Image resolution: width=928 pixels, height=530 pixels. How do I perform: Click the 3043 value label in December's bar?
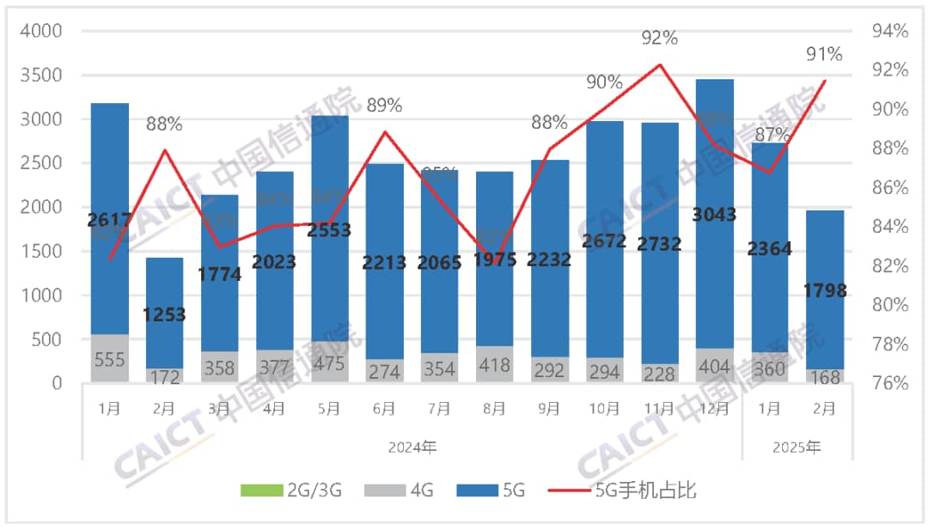[x=714, y=215]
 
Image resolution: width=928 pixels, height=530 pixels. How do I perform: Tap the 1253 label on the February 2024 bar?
[x=164, y=314]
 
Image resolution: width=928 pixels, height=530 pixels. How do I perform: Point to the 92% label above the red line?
[x=660, y=38]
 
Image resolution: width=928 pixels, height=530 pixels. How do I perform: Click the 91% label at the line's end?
[x=824, y=55]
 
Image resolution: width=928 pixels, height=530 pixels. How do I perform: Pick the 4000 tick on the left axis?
[x=41, y=32]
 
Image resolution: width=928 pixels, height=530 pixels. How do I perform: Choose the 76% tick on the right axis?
[x=890, y=383]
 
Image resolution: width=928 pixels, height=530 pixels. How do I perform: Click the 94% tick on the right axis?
[x=890, y=32]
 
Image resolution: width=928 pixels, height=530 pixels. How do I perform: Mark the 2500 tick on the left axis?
[x=41, y=163]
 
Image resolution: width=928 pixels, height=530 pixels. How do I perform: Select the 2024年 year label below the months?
[x=412, y=447]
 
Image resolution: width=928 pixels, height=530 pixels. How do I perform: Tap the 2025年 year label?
[x=797, y=447]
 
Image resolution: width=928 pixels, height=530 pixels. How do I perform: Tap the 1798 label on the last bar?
[x=823, y=291]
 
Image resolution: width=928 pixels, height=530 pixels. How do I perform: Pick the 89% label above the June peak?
[x=384, y=106]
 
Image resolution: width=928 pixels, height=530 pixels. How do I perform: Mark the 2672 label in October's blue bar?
[x=604, y=241]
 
